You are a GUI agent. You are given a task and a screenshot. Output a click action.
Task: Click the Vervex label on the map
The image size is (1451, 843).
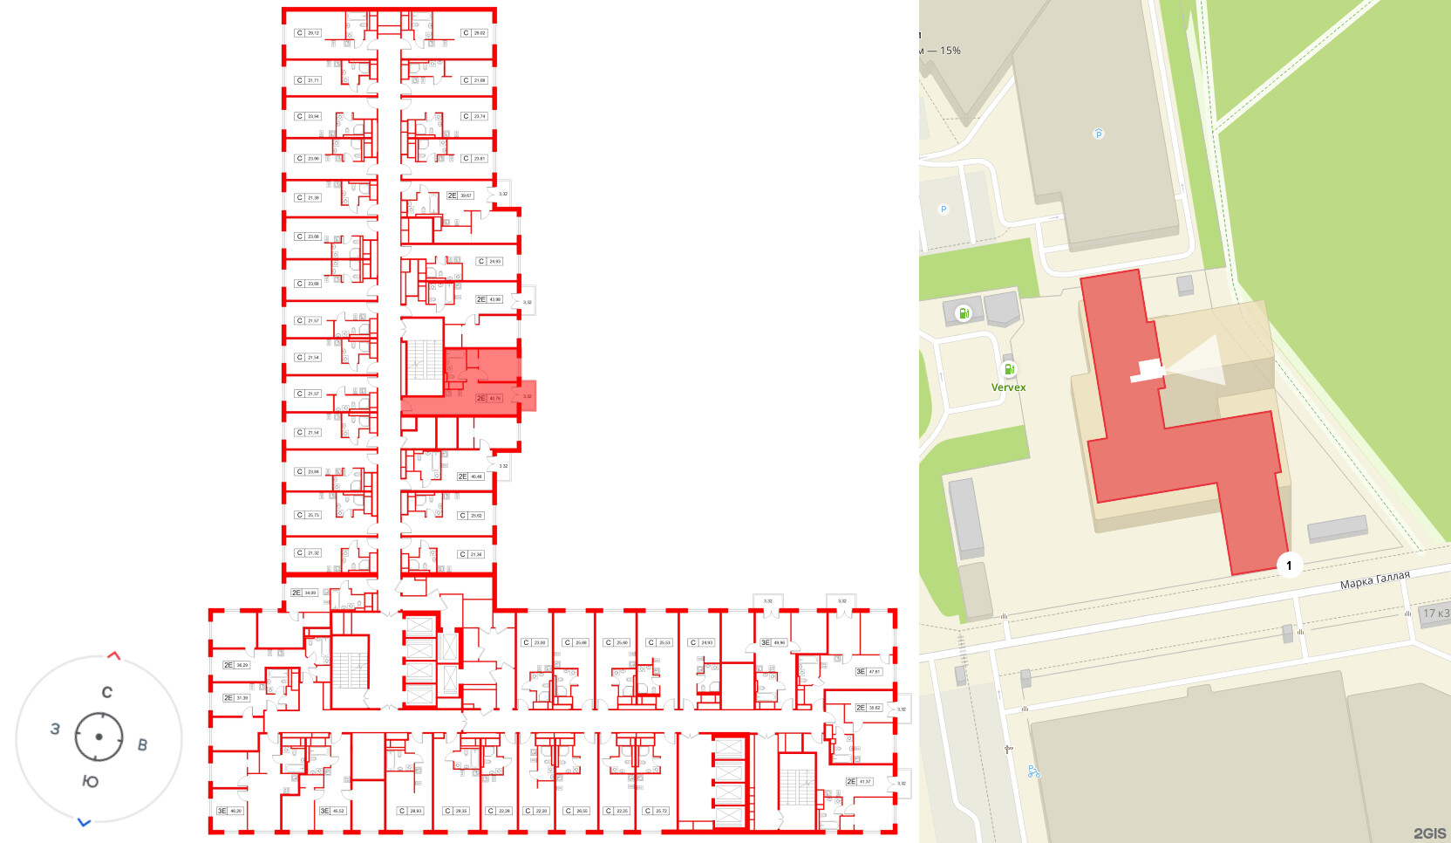(x=1008, y=387)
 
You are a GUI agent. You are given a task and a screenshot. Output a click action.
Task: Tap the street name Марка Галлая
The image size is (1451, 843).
(x=1374, y=580)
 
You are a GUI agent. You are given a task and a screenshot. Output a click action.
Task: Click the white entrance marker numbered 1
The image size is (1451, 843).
(x=1289, y=565)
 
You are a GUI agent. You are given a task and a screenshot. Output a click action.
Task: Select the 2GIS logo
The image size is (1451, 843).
(x=1429, y=833)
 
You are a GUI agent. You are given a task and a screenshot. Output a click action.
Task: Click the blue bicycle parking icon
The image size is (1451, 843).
(x=1033, y=771)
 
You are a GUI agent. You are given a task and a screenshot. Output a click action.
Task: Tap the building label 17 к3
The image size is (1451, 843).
(x=1435, y=613)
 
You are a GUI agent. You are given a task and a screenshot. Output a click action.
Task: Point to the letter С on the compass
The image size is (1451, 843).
(x=106, y=693)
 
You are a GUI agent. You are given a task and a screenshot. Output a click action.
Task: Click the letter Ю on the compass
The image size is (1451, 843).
(x=90, y=781)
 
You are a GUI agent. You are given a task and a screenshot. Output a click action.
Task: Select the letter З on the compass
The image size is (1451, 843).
(x=55, y=729)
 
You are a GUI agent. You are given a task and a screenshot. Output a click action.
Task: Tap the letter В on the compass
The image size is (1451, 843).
(x=142, y=745)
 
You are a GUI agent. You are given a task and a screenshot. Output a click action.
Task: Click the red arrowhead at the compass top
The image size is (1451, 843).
(x=113, y=655)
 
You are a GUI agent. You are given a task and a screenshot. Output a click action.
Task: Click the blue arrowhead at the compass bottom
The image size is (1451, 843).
(x=84, y=822)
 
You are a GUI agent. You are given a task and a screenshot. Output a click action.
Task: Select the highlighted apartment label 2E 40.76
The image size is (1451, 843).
(x=489, y=398)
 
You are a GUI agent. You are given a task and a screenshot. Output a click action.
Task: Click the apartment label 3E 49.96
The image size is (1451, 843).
(x=773, y=642)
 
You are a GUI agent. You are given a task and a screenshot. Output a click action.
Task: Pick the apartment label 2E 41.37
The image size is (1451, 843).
(x=859, y=782)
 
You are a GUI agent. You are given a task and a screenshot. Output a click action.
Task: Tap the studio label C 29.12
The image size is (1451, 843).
(x=308, y=33)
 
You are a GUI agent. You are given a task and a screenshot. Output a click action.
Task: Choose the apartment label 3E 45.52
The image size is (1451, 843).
(x=332, y=811)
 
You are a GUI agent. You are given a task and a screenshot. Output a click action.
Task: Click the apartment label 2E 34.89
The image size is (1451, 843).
(x=304, y=593)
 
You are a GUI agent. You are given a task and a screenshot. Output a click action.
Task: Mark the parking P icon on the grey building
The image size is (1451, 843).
(x=1098, y=134)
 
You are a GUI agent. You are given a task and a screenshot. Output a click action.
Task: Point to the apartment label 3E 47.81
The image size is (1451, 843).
(x=869, y=672)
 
